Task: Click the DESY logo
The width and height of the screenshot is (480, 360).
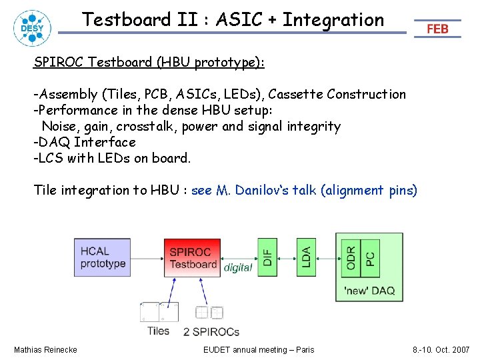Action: (30, 27)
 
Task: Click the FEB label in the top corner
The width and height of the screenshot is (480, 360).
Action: (437, 29)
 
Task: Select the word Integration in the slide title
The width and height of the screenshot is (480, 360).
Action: (333, 20)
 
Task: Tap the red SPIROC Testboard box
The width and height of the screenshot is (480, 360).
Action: (192, 257)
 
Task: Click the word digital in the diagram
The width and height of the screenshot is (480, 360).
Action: (238, 267)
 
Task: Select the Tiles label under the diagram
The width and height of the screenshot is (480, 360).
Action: (158, 331)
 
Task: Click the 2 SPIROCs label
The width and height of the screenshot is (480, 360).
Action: (211, 331)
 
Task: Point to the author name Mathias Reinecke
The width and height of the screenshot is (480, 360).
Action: (45, 349)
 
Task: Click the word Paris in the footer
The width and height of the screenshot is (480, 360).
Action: (303, 349)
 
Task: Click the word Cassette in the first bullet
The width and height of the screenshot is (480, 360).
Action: (293, 94)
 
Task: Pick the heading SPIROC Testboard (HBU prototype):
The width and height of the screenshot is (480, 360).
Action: (149, 62)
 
